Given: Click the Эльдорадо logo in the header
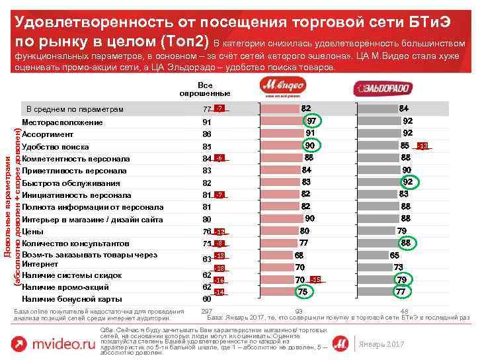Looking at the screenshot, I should tap(383, 89).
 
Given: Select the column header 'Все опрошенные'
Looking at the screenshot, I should tap(205, 89).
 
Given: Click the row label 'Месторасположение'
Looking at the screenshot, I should tap(62, 122).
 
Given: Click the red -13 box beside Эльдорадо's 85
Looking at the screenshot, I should tap(422, 146).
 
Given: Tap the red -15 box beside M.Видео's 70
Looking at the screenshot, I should tap(316, 279).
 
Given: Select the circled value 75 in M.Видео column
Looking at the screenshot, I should tap(302, 291).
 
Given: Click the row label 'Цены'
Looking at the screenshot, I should tap(33, 232).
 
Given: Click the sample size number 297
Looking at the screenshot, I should tap(206, 311).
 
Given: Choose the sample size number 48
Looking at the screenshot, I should tap(404, 311).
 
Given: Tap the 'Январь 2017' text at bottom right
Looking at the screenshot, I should tap(380, 345).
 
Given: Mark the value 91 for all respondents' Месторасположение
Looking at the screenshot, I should tap(207, 122).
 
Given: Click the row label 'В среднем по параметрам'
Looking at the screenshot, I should tap(74, 109).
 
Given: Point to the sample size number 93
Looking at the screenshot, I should tap(299, 311).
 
